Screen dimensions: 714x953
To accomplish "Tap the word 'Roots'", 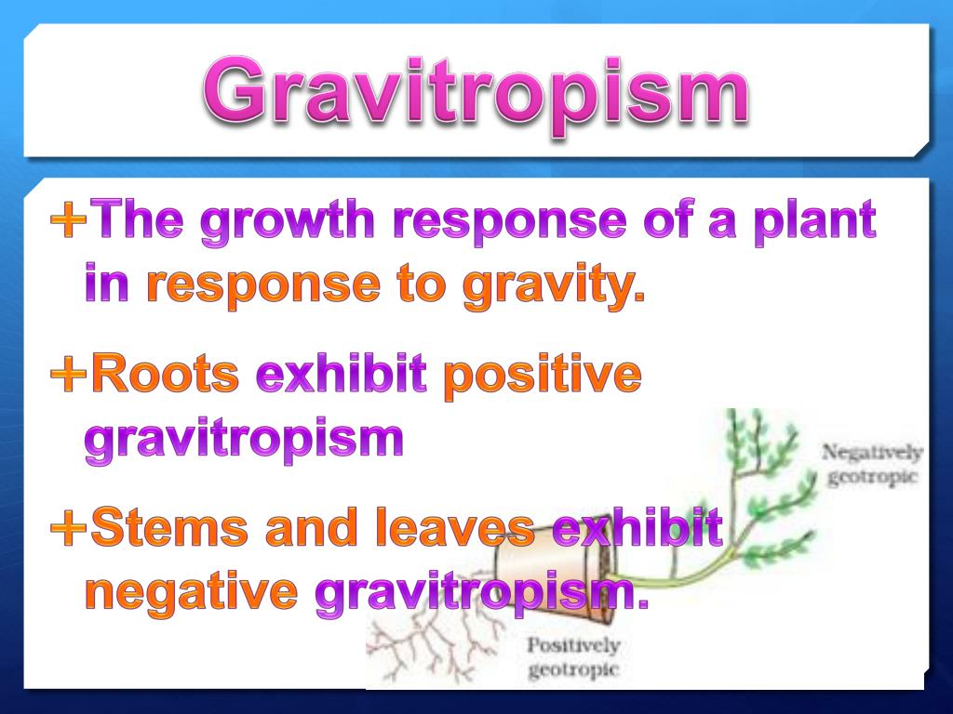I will [x=166, y=376].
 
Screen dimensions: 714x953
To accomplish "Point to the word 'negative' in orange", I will [x=192, y=591].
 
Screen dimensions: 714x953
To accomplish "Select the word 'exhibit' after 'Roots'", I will [x=342, y=376].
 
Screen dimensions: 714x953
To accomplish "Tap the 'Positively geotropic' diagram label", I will [x=572, y=656].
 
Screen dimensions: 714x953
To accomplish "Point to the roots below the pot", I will [x=428, y=641].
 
